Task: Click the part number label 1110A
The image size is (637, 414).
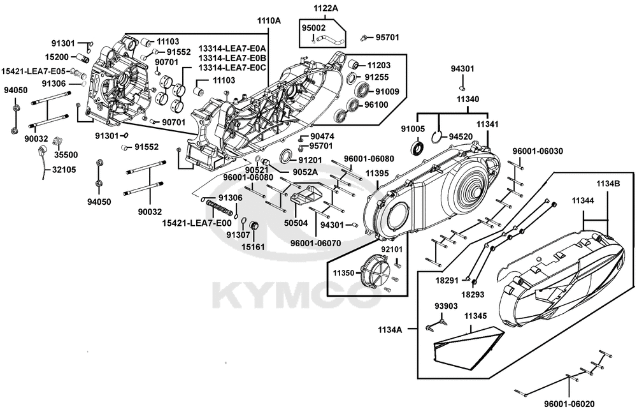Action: point(269,20)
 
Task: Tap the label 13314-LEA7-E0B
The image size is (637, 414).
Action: point(232,58)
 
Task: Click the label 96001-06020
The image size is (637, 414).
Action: point(569,404)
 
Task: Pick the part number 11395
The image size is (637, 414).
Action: point(377,174)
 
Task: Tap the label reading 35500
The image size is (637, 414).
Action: point(66,154)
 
